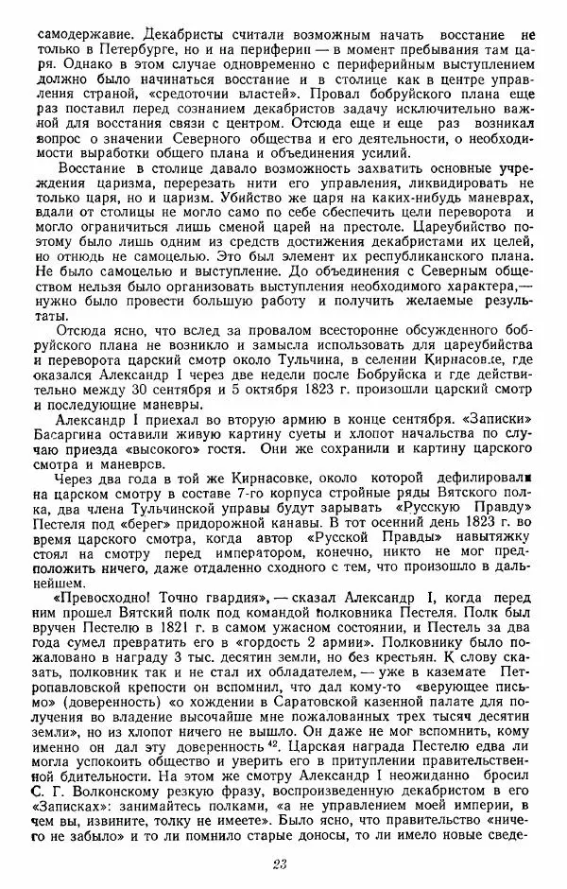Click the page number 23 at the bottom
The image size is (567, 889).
coord(279,863)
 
